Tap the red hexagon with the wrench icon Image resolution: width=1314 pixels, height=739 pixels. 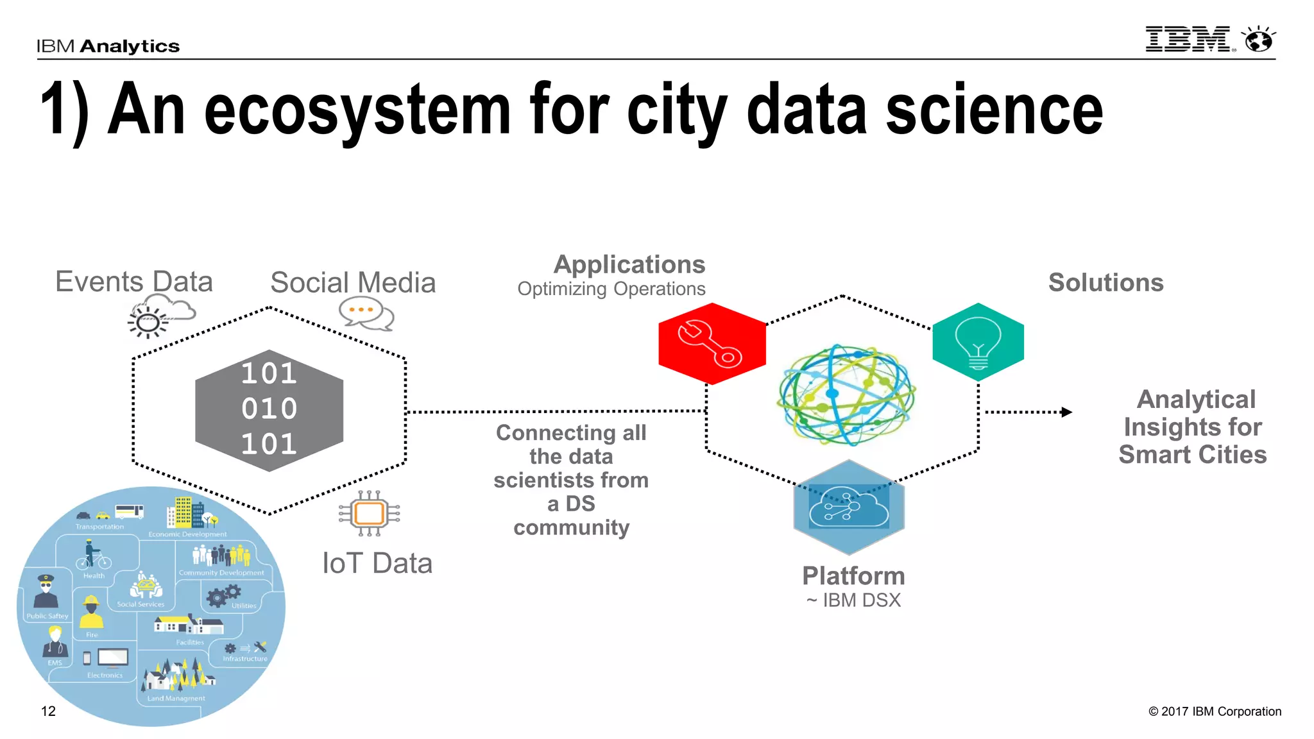click(x=712, y=344)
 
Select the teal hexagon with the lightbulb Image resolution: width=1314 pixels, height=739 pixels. click(x=978, y=341)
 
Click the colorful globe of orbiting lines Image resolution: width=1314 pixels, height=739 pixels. click(x=846, y=395)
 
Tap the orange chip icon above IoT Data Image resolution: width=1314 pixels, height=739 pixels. click(x=369, y=513)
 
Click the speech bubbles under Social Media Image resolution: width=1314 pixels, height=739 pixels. click(x=365, y=314)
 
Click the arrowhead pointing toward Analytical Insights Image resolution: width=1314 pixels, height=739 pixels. click(x=1066, y=412)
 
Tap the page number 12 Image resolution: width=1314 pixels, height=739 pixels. click(x=48, y=711)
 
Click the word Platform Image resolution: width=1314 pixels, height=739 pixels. click(x=853, y=576)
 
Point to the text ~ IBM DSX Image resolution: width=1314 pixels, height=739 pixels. click(x=853, y=600)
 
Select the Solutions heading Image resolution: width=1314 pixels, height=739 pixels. click(x=1105, y=282)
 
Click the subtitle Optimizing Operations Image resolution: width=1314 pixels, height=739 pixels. click(x=611, y=289)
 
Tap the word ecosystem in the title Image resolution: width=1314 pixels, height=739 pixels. click(x=357, y=110)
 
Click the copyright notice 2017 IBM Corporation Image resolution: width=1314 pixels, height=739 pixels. click(x=1215, y=711)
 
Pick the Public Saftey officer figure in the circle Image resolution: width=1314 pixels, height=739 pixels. click(x=46, y=591)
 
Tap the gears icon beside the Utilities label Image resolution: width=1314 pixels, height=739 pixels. click(x=223, y=595)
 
